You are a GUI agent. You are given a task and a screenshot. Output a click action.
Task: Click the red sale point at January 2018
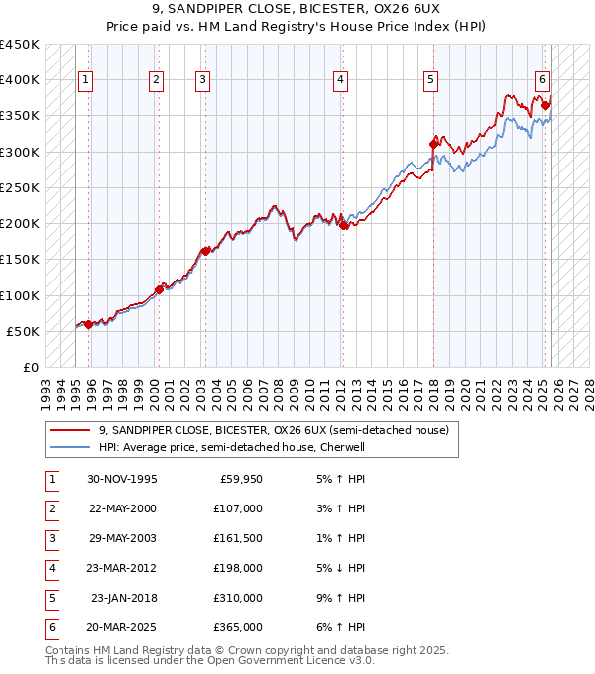433,144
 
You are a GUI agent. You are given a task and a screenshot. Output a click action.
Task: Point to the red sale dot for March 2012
343,225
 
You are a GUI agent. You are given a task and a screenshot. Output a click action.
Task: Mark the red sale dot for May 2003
205,251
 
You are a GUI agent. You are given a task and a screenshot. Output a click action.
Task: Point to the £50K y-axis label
23,331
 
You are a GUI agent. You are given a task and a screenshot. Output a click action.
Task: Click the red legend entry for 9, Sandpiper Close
274,430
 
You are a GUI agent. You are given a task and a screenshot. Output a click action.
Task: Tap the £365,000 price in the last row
238,627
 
